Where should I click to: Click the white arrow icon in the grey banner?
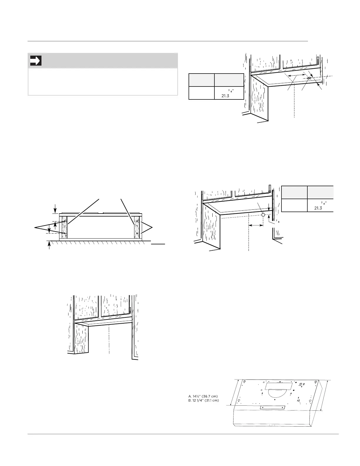point(36,61)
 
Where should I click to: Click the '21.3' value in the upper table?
point(225,96)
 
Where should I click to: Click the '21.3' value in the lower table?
point(318,208)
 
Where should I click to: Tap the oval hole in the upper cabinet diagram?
point(309,78)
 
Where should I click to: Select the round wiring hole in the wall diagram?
point(263,214)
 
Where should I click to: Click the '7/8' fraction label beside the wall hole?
point(277,221)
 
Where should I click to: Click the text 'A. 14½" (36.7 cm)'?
point(203,396)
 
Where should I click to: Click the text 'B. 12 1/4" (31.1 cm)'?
point(204,400)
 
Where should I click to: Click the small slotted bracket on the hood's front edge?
point(273,407)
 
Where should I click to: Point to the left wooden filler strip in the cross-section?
point(64,227)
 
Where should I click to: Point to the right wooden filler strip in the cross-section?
point(137,227)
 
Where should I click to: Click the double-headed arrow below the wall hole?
point(256,225)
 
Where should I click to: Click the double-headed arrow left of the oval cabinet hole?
point(296,75)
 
